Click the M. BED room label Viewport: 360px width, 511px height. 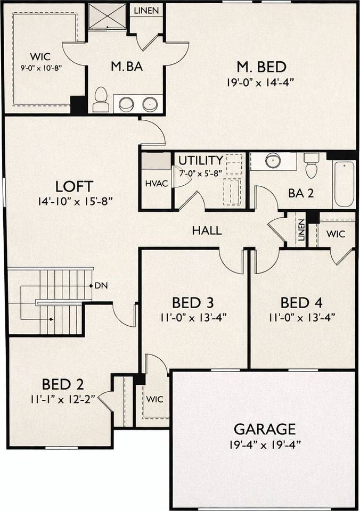coord(261,67)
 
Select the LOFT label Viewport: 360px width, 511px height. coord(75,186)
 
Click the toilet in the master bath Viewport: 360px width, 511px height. coord(101,100)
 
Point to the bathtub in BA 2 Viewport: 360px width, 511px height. coord(344,184)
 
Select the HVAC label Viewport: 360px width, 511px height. coord(157,183)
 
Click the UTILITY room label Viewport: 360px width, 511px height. coord(200,160)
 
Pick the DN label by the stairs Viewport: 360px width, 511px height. coord(101,286)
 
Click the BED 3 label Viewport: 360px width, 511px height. coord(194,303)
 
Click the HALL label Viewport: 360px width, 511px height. coord(207,231)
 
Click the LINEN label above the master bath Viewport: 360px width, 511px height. coord(146,11)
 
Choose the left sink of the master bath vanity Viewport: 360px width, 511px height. coord(126,103)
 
